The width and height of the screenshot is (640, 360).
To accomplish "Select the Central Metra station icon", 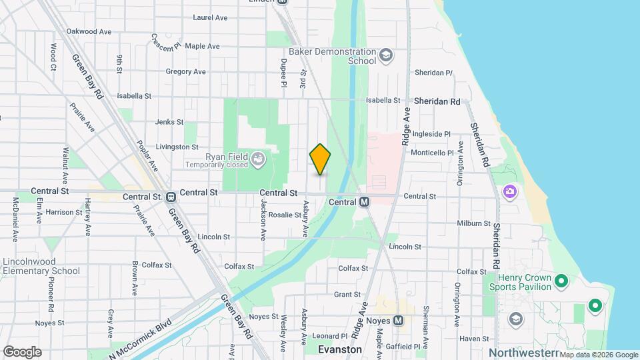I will pyautogui.click(x=364, y=201).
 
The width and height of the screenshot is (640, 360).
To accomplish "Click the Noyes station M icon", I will pyautogui.click(x=399, y=320).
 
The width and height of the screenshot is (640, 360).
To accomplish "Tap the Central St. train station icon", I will pyautogui.click(x=171, y=197).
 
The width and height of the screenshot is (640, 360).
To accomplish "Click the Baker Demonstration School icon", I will pyautogui.click(x=385, y=55).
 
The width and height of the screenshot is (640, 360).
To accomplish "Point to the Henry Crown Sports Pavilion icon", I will pyautogui.click(x=561, y=281).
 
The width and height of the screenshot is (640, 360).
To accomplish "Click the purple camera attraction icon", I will pyautogui.click(x=510, y=192).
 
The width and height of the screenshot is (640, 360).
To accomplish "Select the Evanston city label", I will pyautogui.click(x=340, y=349).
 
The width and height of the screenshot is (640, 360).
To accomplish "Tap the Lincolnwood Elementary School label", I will pyautogui.click(x=41, y=266).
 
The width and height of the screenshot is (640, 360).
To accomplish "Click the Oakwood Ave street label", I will pyautogui.click(x=89, y=31).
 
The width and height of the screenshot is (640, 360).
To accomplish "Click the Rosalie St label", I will pyautogui.click(x=285, y=215).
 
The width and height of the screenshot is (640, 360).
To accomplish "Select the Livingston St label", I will pyautogui.click(x=177, y=147).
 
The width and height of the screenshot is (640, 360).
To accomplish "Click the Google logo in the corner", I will pyautogui.click(x=22, y=351).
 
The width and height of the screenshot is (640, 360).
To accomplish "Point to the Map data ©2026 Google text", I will pyautogui.click(x=598, y=355).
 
